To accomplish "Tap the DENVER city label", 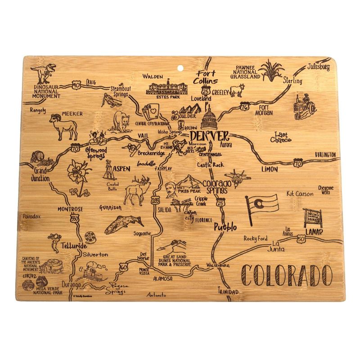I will pos(209,136).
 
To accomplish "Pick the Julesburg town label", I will pos(319,67).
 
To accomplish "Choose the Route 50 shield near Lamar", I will pos(300,240).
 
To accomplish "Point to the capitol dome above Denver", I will pos(210,119).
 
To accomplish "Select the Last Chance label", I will pos(282,137).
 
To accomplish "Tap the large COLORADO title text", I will pos(285,274).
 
